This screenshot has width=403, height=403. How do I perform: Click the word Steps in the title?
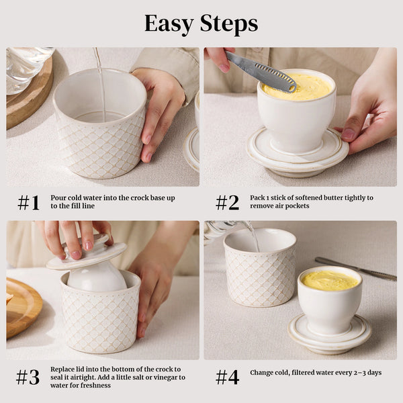[x=228, y=24]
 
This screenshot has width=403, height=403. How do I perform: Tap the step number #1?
[x=28, y=202]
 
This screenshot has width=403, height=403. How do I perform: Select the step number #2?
[x=227, y=202]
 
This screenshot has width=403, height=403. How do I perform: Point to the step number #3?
[x=28, y=377]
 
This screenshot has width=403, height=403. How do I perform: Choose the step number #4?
[x=227, y=377]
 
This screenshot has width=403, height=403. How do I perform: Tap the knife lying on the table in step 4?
[x=356, y=269]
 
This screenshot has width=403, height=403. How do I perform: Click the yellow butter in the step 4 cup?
[x=329, y=280]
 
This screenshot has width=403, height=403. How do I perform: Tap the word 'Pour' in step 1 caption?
[x=59, y=198]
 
